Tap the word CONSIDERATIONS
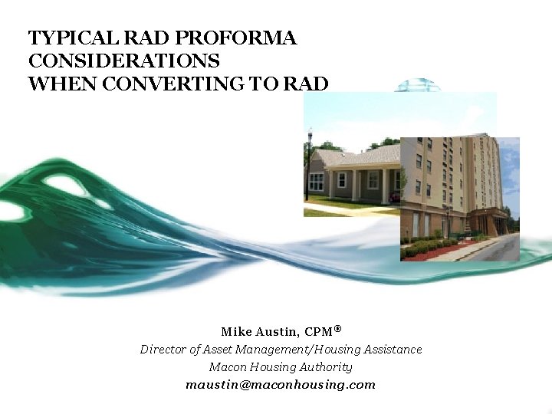123,61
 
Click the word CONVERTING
179,84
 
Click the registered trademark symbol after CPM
337,328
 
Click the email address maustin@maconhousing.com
281,385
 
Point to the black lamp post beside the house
309,165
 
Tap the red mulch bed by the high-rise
429,251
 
